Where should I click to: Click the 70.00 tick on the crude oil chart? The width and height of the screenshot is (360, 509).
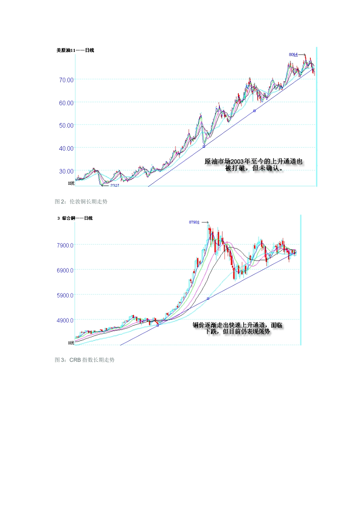(x=66, y=80)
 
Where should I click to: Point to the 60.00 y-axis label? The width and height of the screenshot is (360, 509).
(x=66, y=103)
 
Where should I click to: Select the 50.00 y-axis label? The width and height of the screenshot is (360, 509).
(x=66, y=125)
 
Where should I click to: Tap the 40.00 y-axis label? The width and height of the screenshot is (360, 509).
(x=66, y=148)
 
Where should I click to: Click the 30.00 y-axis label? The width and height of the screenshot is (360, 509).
(x=66, y=171)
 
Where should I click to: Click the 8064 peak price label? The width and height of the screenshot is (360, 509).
(x=293, y=55)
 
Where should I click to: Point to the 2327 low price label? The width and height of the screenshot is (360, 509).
(x=114, y=185)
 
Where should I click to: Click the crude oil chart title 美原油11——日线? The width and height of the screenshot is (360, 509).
(x=75, y=50)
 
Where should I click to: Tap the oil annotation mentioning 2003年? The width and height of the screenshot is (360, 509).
(x=254, y=165)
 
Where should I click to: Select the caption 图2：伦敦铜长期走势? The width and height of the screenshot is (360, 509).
(x=81, y=201)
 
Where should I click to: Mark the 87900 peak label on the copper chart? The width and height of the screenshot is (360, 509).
(x=194, y=222)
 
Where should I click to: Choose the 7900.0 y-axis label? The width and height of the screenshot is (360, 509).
(x=65, y=245)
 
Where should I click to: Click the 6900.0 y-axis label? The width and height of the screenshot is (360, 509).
(x=65, y=270)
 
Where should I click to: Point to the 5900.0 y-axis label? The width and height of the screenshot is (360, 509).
(x=65, y=295)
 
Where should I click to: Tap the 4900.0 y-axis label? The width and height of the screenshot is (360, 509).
(x=65, y=320)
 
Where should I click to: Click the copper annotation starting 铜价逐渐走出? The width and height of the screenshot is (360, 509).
(x=238, y=328)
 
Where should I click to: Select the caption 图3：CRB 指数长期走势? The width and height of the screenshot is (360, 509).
(x=85, y=360)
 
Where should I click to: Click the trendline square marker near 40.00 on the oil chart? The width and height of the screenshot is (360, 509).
(x=204, y=147)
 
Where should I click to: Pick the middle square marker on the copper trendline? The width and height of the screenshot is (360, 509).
(x=208, y=298)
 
